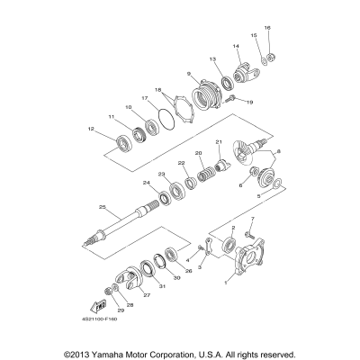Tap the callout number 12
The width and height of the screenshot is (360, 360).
pyautogui.click(x=92, y=130)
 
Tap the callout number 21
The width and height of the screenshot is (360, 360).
pyautogui.click(x=219, y=141)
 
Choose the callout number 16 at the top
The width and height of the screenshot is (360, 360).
pyautogui.click(x=266, y=28)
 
